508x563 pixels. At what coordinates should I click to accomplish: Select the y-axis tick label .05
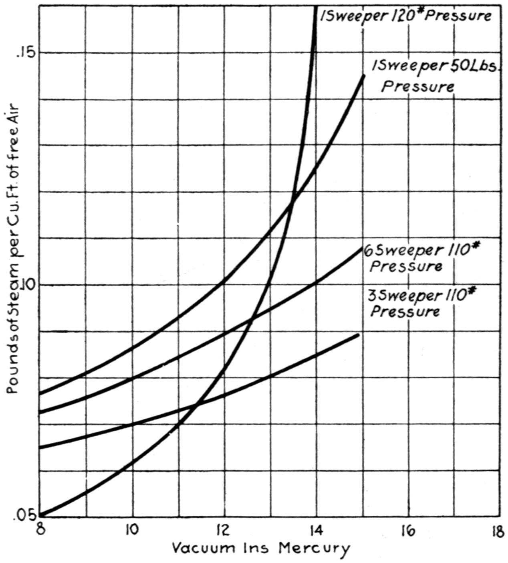pos(25,515)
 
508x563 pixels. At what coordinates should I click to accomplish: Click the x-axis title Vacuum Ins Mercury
pos(261,548)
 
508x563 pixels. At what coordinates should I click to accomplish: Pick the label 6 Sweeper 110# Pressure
pos(421,258)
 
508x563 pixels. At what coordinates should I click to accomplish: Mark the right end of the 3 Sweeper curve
pos(358,334)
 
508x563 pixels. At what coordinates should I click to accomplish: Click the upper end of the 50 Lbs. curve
pos(364,75)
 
